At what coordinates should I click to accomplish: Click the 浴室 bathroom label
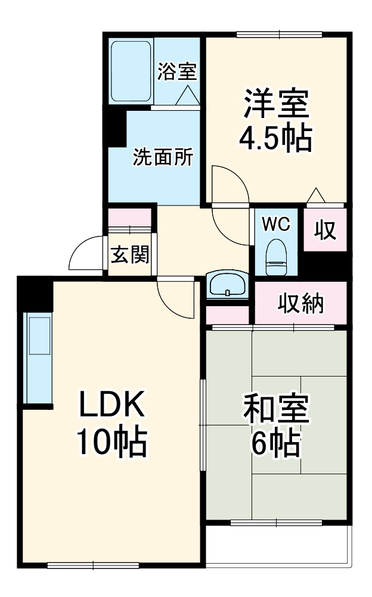point(177,72)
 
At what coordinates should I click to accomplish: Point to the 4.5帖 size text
point(275,138)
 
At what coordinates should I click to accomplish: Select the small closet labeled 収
point(325,231)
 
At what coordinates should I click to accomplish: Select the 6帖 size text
point(275,443)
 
